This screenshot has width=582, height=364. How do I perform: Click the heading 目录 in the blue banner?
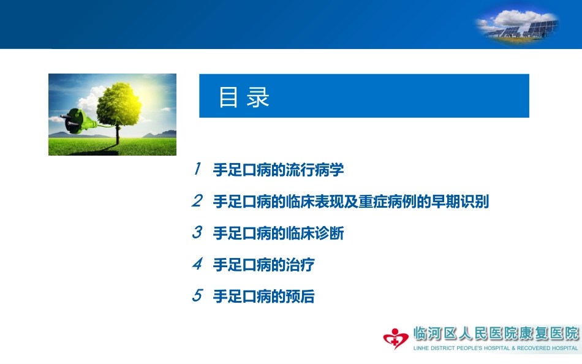click(x=244, y=97)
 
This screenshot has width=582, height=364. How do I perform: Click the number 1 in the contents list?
click(x=197, y=170)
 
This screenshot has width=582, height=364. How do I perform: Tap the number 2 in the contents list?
click(x=197, y=201)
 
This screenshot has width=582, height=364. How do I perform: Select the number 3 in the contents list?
click(x=197, y=233)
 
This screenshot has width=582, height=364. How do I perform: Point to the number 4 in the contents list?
click(x=197, y=265)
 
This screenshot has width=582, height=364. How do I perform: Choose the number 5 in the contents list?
click(x=197, y=296)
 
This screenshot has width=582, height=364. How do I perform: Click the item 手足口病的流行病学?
click(x=278, y=170)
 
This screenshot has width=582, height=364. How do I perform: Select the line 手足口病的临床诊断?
click(x=278, y=233)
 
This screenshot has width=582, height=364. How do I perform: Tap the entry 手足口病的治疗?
click(x=263, y=265)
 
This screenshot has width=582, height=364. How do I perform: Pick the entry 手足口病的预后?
click(x=263, y=297)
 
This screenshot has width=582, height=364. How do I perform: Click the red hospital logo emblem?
click(x=396, y=338)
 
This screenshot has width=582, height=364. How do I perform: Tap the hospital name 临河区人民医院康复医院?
click(x=496, y=334)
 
